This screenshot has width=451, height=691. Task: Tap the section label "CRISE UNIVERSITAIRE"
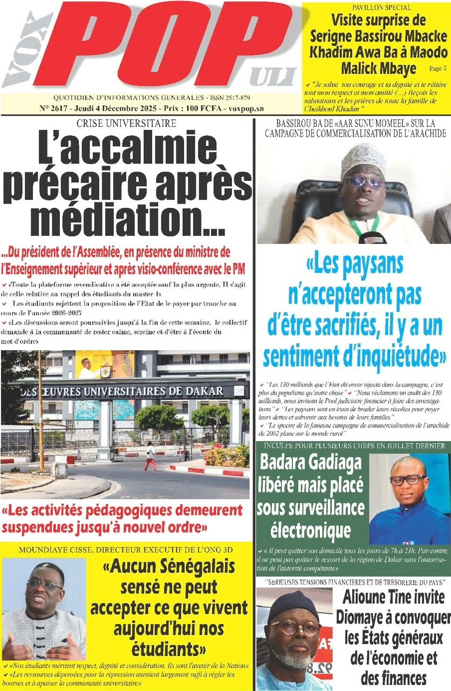(x=126, y=123)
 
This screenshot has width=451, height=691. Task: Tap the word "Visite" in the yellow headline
(x=353, y=21)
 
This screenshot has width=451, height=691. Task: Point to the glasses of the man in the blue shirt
(x=407, y=479)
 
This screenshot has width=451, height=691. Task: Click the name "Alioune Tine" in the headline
(x=393, y=597)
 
